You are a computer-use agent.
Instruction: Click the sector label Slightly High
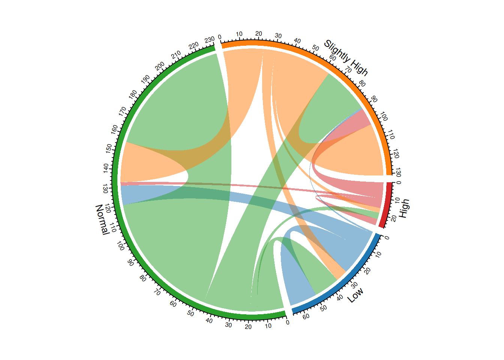click(x=346, y=58)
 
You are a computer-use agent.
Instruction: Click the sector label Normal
click(x=102, y=220)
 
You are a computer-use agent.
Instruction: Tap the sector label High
click(x=404, y=208)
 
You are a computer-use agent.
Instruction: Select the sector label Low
click(x=355, y=295)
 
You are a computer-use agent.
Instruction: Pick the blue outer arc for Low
click(x=345, y=280)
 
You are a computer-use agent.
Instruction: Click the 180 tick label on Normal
click(x=133, y=94)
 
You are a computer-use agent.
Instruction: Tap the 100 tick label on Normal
click(x=120, y=246)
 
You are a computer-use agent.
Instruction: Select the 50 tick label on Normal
click(x=190, y=313)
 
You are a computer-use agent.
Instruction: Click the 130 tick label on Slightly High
click(x=398, y=172)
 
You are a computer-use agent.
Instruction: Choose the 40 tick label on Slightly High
click(x=297, y=41)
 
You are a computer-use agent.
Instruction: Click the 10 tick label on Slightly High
click(x=239, y=34)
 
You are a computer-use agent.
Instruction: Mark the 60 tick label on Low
click(x=306, y=316)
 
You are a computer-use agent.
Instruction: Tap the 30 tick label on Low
click(x=354, y=285)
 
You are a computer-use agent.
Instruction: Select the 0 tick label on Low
click(x=387, y=238)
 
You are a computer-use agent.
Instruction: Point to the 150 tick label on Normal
click(x=109, y=148)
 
